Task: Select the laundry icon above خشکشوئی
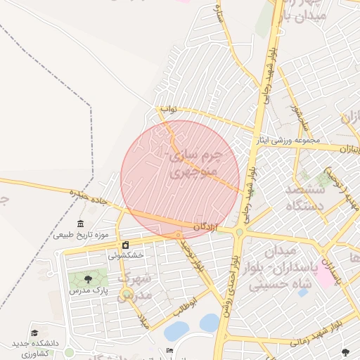click(x=125, y=245)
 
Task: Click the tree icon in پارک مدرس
click(x=87, y=280)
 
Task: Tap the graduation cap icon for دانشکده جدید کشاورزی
click(x=34, y=333)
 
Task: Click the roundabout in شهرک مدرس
click(x=127, y=294)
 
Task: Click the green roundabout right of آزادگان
click(x=240, y=232)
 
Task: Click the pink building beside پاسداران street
click(x=326, y=276)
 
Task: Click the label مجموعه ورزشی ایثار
click(x=288, y=139)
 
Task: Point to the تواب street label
click(x=169, y=109)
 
